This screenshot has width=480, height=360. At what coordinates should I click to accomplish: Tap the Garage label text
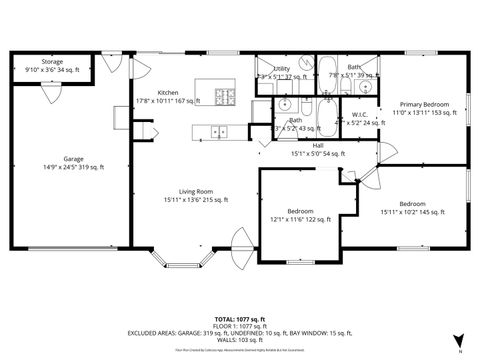[x=72, y=161]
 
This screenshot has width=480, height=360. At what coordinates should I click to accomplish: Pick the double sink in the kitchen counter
[x=219, y=130]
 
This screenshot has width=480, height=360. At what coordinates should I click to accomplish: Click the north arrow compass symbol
[x=457, y=341]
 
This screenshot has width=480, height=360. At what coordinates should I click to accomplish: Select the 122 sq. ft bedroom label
[x=301, y=215]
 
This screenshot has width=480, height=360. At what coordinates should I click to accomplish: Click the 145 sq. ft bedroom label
[x=412, y=206]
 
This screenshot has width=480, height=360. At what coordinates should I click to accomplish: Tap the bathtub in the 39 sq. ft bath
[x=327, y=69]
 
